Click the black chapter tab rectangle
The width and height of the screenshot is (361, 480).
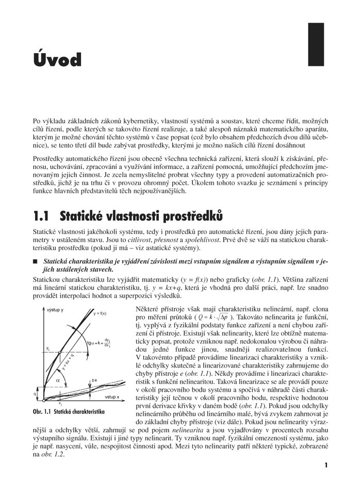[316, 44]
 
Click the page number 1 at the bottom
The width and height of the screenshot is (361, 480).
[326, 465]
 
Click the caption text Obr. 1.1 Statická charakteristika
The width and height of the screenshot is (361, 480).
[69, 412]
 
